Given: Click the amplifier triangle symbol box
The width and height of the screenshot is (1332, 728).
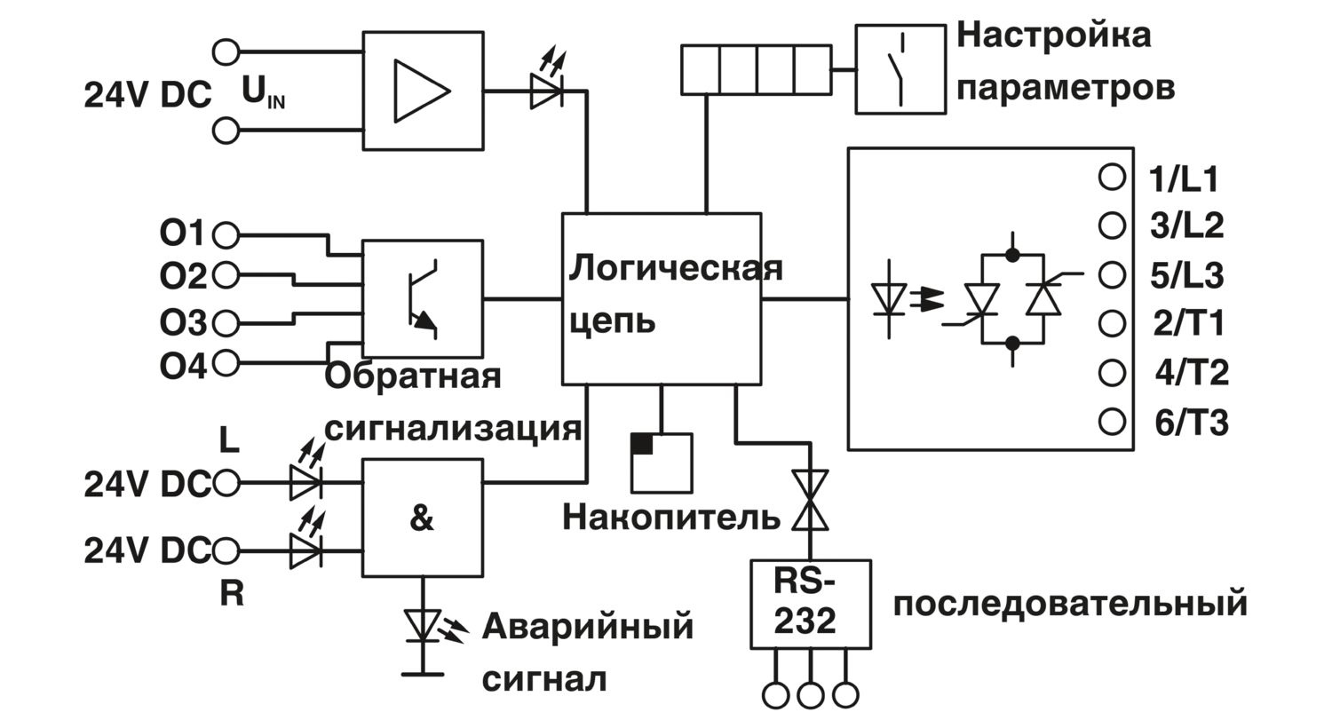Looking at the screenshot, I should pos(423,91).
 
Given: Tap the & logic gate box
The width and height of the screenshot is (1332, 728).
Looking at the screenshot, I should pos(423,518).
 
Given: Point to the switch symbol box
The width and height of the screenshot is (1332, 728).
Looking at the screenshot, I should pos(900,69).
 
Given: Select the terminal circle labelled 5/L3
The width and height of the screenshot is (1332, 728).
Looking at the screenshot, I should pos(1112,273).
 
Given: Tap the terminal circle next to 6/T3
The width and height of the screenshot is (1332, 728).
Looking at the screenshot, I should pos(1112,421).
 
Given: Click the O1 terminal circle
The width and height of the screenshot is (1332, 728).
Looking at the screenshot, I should pos(226,235).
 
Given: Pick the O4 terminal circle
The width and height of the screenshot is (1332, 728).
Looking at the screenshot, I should pos(226,362).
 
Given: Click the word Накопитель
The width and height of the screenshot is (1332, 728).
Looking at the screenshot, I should pos(671,516).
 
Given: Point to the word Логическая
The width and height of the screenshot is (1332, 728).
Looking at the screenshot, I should pos(675,267).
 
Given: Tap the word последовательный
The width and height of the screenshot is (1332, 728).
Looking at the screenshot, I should pos(1070,604).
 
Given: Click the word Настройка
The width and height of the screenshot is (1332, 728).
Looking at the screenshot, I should pos(1054,36).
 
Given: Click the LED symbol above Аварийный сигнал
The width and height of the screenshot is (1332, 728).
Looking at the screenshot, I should pos(422,624).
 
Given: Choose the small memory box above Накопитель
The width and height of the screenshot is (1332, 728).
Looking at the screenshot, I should pos(661,462).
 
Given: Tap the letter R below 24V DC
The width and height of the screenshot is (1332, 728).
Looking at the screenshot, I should pos(231,593).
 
